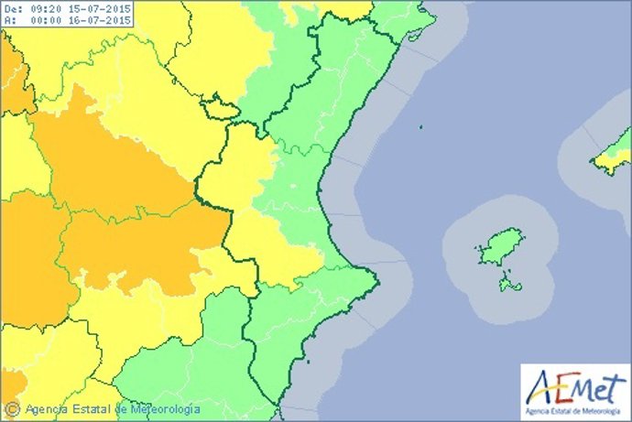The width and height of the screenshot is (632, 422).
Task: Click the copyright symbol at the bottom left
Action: click(x=12, y=408)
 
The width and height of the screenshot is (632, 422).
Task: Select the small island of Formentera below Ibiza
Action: click(x=510, y=287)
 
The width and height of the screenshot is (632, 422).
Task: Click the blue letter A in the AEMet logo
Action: click(x=541, y=382)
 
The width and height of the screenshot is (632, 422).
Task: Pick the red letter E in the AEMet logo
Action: click(x=561, y=384)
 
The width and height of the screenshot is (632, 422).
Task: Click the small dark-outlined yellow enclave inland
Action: click(x=221, y=110)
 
